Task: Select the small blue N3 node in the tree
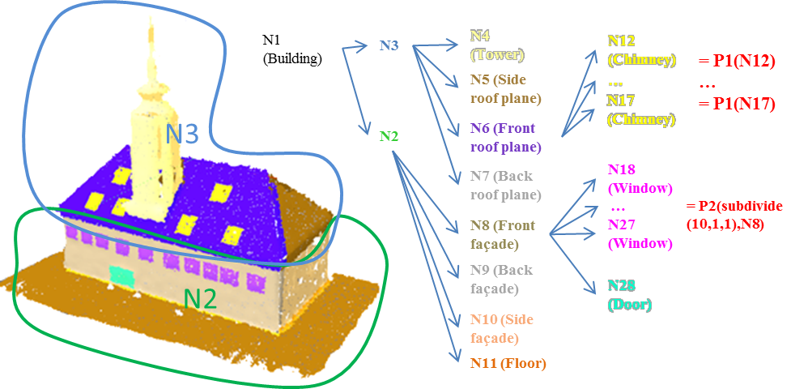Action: [x=389, y=45]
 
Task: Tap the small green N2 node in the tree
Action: [x=389, y=135]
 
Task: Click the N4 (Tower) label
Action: [x=497, y=46]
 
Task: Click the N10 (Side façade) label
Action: [x=502, y=328]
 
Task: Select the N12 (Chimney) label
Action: [x=641, y=49]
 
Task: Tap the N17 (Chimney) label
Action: [x=641, y=109]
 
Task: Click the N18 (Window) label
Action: [x=640, y=178]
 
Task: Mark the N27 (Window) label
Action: [x=640, y=233]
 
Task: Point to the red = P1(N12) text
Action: [x=737, y=62]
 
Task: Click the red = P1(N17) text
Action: [x=737, y=105]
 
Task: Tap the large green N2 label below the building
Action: [x=200, y=299]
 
